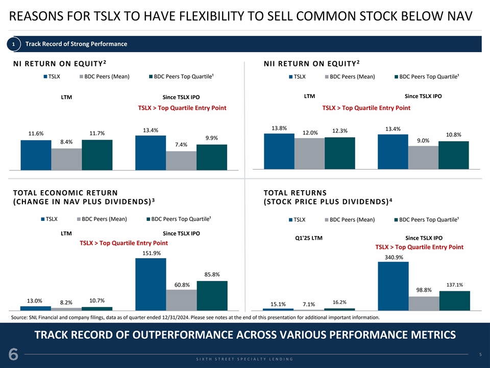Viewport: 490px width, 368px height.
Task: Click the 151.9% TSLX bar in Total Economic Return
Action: tap(151, 284)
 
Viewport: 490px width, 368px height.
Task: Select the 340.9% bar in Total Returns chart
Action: tap(393, 286)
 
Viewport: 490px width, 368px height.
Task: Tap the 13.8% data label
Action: tap(280, 128)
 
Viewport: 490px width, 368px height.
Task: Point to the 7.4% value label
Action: tap(181, 145)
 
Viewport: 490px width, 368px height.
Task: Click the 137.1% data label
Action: tap(454, 285)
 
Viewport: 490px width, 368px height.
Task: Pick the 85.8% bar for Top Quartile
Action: tap(212, 295)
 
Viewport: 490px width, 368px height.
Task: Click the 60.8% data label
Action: tap(181, 284)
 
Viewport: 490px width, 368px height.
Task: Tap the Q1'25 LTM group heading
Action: tap(309, 238)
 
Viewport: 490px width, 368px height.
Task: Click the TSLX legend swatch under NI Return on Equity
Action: tap(44, 77)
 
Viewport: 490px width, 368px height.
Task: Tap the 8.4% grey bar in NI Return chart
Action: tap(66, 158)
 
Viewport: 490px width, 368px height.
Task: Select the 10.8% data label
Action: tap(453, 135)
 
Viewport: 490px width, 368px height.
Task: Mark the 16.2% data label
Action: tap(339, 302)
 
